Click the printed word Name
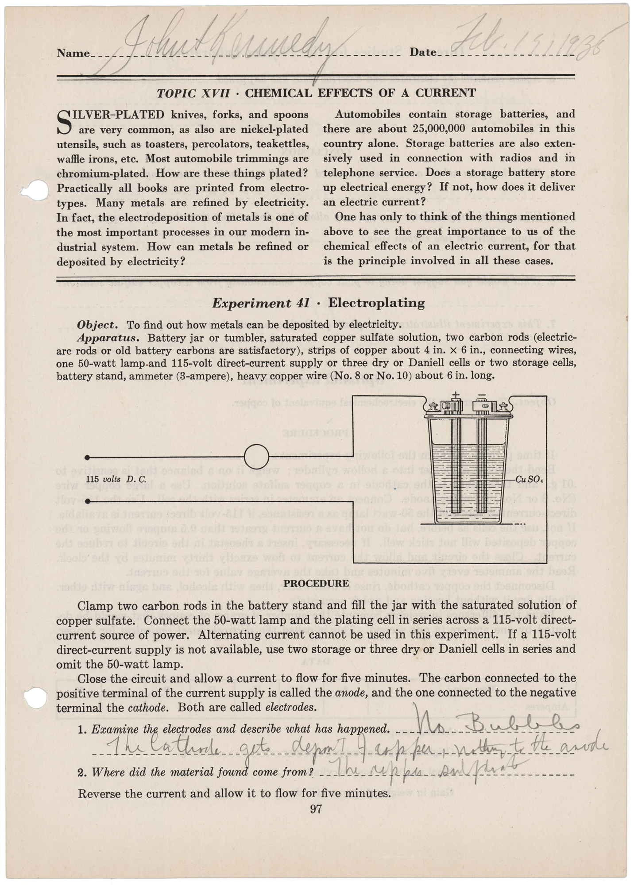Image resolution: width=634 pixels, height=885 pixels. [x=73, y=54]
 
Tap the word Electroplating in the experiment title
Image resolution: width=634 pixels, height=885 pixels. [x=376, y=303]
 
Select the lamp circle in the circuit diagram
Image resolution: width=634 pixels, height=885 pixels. [x=256, y=457]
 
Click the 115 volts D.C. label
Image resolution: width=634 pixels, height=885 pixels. [x=116, y=479]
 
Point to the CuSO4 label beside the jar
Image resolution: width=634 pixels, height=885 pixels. [x=529, y=480]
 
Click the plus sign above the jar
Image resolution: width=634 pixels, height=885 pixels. [x=456, y=395]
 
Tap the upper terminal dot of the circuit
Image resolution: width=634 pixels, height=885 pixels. [x=88, y=457]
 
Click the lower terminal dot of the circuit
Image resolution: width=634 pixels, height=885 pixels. [x=88, y=501]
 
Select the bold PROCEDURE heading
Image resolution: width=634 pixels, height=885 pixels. [x=316, y=583]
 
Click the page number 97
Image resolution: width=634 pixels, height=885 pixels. [x=316, y=810]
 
